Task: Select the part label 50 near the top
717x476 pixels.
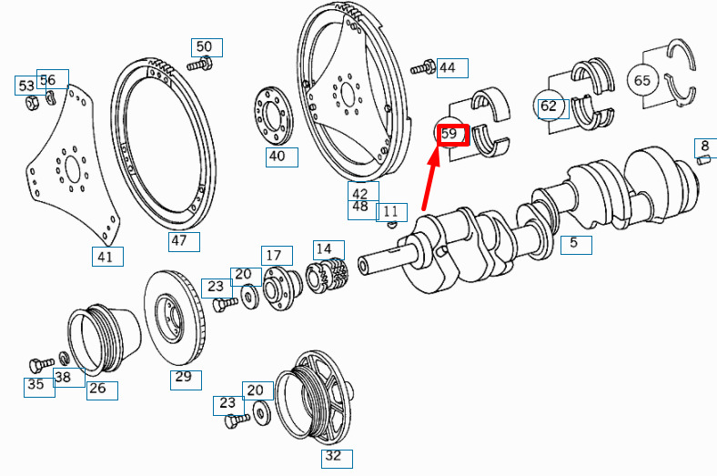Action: [x=205, y=47]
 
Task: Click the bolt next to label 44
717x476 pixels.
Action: [x=423, y=67]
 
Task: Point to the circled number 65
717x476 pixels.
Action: [x=642, y=80]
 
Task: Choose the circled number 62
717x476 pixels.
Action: [x=548, y=106]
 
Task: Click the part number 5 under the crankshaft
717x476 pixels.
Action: [x=574, y=243]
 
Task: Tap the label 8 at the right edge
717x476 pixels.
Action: [x=705, y=146]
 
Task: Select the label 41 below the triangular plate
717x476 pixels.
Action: [x=107, y=257]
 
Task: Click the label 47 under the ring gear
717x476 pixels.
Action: [x=179, y=241]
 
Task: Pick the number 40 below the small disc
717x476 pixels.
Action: [x=278, y=157]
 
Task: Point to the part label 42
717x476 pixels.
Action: [x=360, y=192]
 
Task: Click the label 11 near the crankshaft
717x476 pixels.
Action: [x=391, y=211]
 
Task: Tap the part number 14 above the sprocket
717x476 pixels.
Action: [x=324, y=248]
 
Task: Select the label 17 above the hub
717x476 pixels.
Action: [x=273, y=255]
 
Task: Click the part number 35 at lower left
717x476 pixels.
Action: [x=35, y=385]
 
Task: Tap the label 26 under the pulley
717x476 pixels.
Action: [x=97, y=389]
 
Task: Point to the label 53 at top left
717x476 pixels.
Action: [x=25, y=86]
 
